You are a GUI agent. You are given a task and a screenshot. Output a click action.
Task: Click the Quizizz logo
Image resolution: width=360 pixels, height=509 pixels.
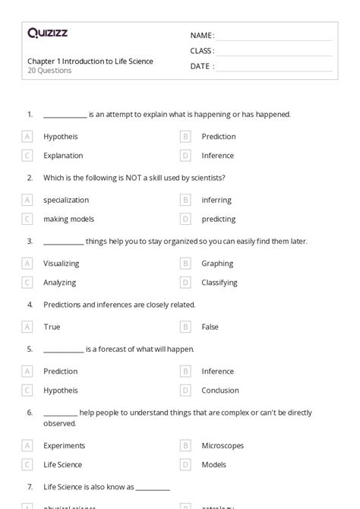48,33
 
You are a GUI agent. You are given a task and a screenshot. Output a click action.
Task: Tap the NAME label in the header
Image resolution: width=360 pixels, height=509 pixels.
201,36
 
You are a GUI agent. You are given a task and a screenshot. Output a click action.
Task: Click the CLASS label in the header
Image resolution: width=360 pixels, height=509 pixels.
202,51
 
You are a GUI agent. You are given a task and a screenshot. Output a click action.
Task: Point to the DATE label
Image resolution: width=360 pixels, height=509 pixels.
201,66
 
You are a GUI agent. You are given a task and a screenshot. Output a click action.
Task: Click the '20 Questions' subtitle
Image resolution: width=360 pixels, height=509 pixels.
50,71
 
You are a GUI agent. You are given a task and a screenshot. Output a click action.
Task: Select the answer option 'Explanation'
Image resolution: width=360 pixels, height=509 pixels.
63,156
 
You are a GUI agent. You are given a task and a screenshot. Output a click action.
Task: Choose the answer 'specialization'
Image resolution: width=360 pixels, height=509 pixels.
66,200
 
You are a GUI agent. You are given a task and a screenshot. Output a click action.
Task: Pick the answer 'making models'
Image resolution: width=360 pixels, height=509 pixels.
69,219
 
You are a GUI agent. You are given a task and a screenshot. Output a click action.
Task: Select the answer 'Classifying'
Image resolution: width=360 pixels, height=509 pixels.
219,283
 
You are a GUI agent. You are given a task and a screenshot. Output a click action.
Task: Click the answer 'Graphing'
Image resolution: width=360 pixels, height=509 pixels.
217,264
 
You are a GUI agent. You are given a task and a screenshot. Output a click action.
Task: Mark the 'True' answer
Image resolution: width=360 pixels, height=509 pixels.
52,327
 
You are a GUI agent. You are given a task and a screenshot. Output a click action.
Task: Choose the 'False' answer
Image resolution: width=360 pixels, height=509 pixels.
210,327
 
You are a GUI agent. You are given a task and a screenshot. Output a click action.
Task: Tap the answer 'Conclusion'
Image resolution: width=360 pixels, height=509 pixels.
220,390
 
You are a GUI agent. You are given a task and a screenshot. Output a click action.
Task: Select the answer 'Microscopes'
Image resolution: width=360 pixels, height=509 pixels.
222,446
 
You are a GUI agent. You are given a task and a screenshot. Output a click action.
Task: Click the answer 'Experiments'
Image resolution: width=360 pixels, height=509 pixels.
65,446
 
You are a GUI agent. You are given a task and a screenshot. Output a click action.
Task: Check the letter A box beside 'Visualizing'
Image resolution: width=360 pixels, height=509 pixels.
27,264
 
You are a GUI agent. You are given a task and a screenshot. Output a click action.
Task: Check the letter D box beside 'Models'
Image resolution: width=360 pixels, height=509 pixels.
185,465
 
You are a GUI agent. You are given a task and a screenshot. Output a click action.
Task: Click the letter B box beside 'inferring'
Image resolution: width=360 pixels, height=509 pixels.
185,200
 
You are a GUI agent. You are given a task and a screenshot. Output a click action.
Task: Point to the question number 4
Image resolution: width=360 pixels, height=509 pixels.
30,305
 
